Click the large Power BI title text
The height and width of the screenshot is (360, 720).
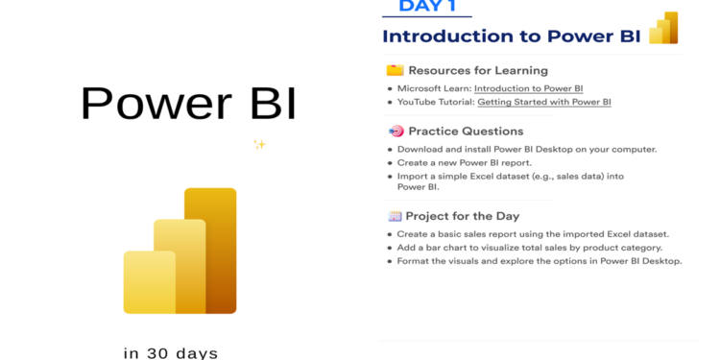[x=188, y=104]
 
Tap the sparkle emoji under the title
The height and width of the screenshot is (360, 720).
[x=259, y=145]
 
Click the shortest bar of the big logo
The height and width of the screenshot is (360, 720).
[x=148, y=282]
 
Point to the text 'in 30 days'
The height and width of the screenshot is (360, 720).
[x=171, y=352]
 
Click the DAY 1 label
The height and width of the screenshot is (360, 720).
[x=427, y=7]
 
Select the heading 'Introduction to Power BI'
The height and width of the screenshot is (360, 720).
[x=512, y=36]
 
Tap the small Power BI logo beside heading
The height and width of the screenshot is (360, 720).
[x=664, y=29]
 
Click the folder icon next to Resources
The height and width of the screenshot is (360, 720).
[x=395, y=70]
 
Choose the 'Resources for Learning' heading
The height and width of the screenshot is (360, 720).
[x=478, y=70]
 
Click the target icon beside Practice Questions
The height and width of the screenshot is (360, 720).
[x=395, y=132]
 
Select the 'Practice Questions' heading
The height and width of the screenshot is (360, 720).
[x=466, y=132]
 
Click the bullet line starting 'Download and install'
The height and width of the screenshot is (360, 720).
[x=527, y=149]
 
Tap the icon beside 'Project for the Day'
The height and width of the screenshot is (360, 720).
[x=395, y=216]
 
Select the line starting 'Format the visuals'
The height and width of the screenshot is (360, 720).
[x=540, y=261]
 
